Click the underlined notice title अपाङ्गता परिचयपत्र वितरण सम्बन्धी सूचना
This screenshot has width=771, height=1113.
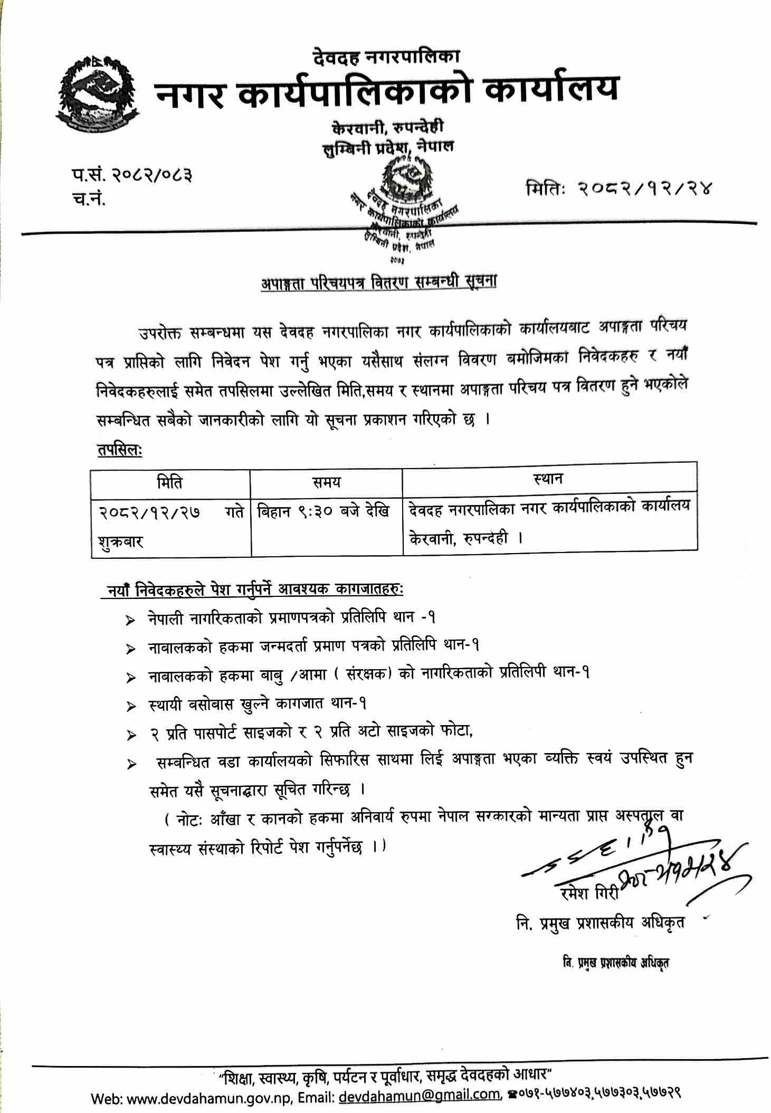(x=379, y=282)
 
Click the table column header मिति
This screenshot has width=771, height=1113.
(x=170, y=482)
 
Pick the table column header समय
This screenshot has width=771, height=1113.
(x=326, y=482)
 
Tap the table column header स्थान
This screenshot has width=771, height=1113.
(x=548, y=479)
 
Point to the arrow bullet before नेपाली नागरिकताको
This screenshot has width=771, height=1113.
(x=130, y=621)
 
